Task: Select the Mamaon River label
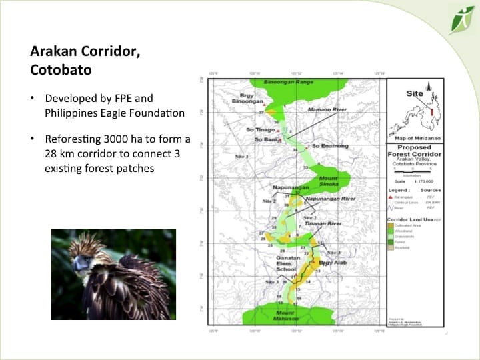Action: coord(326,109)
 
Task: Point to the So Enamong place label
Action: coord(327,145)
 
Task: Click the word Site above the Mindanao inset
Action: coord(414,93)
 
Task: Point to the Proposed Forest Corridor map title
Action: coord(414,152)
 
